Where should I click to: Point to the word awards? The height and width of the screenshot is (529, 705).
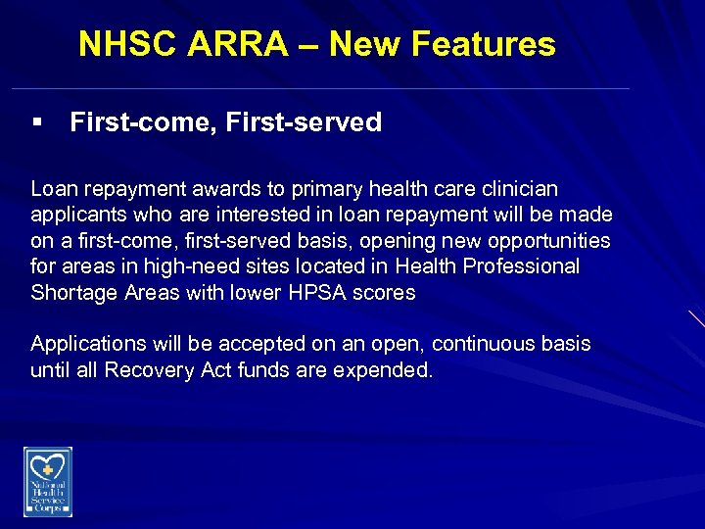click(240, 188)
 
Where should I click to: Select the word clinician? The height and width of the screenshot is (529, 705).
click(520, 188)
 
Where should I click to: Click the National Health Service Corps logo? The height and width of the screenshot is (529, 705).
click(48, 481)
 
